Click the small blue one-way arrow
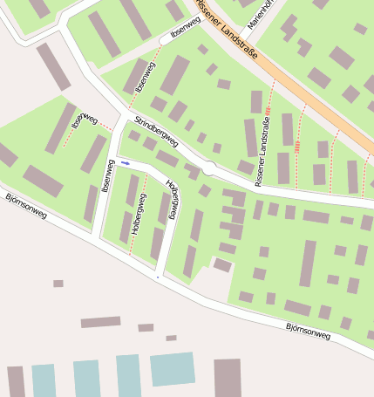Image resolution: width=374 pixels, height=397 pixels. pyautogui.click(x=126, y=163)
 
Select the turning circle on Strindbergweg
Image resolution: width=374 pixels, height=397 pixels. pyautogui.click(x=209, y=168)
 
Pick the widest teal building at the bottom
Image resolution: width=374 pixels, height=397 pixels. pyautogui.click(x=172, y=369)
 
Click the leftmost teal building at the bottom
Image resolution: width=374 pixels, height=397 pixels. pyautogui.click(x=44, y=381)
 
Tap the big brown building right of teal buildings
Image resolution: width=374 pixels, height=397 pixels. pyautogui.click(x=228, y=377)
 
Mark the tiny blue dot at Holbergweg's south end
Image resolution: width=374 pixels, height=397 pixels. pyautogui.click(x=158, y=277)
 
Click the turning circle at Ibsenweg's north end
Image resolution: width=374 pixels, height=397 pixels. pyautogui.click(x=165, y=39)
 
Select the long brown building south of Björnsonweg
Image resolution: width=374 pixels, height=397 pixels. pyautogui.click(x=100, y=322)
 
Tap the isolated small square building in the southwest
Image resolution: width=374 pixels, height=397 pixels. pyautogui.click(x=58, y=284)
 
